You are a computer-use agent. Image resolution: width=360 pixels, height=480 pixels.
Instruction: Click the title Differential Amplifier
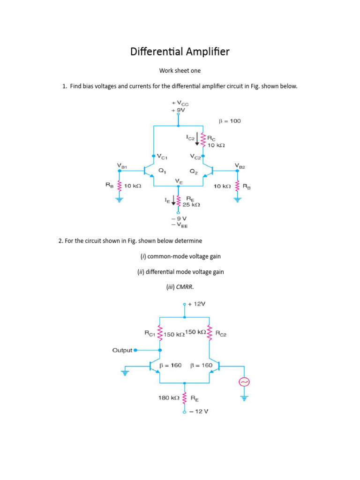tap(180, 52)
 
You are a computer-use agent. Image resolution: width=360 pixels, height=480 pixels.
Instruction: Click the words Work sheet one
tap(180, 71)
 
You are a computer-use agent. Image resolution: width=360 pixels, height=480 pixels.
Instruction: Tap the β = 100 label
tap(230, 121)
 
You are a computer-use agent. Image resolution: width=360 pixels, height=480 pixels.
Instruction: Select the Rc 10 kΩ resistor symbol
tap(203, 139)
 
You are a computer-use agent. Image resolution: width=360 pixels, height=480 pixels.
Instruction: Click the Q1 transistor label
tap(162, 171)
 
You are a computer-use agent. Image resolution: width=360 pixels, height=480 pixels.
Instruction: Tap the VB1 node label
tap(122, 165)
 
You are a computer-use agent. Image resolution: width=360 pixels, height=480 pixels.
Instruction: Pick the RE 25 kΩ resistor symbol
tap(178, 201)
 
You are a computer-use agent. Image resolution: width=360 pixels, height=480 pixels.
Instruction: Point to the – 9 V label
tap(179, 218)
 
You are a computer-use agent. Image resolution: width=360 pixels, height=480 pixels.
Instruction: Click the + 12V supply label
tap(196, 304)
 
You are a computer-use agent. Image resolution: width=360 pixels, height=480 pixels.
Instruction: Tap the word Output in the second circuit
tap(122, 350)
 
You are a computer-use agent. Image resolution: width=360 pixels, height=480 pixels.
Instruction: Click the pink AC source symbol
tap(244, 382)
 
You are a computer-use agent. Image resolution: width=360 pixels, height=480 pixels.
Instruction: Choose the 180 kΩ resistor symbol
tap(184, 398)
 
